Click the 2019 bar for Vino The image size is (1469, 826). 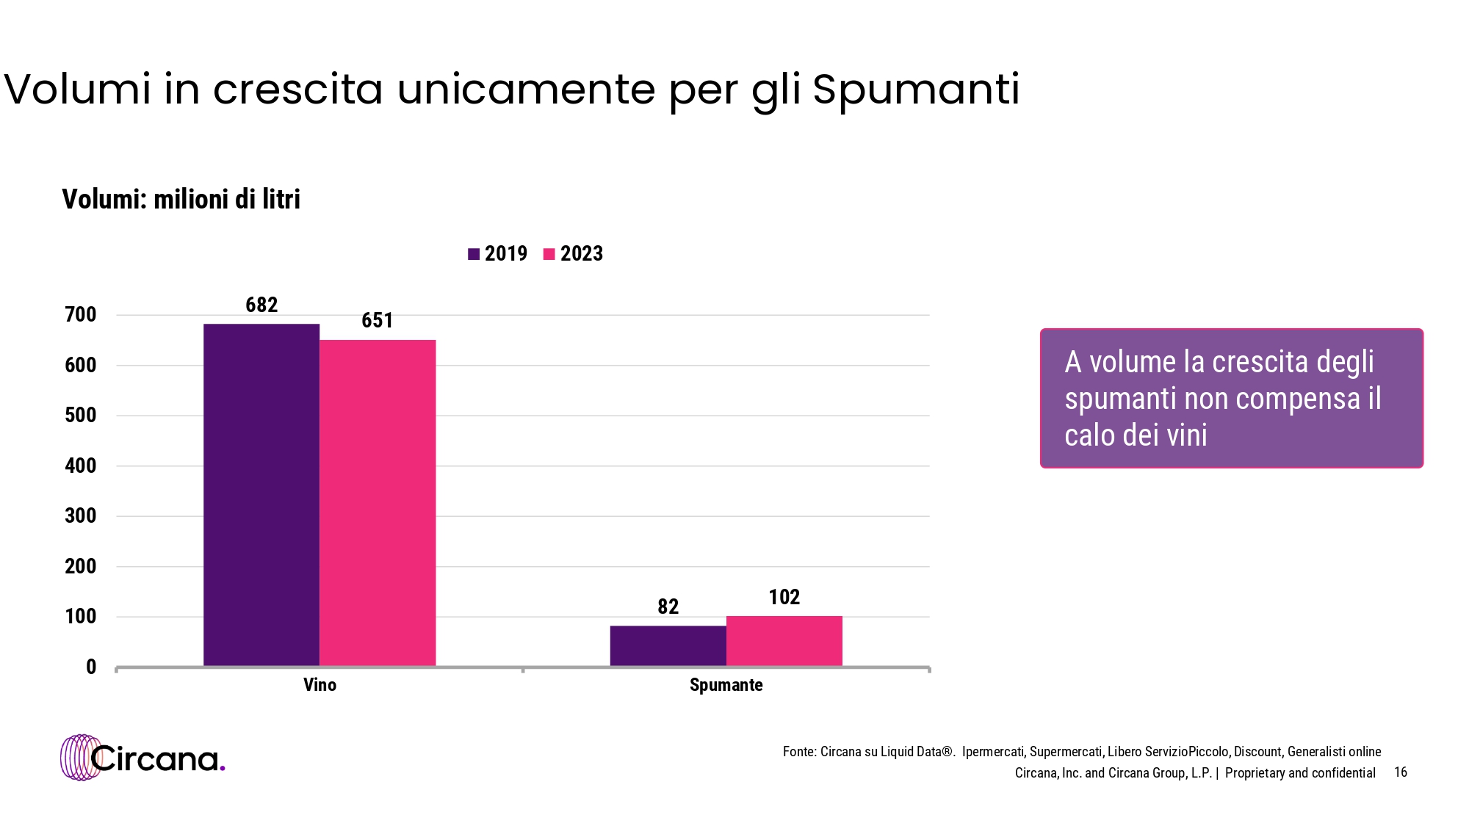pyautogui.click(x=261, y=495)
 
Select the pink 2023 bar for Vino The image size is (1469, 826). pyautogui.click(x=378, y=503)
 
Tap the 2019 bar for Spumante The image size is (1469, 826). pyautogui.click(x=668, y=646)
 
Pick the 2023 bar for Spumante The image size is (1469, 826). pyautogui.click(x=784, y=641)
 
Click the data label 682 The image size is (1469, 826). pyautogui.click(x=261, y=305)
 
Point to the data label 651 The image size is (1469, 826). pyautogui.click(x=378, y=320)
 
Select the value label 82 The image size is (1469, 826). pyautogui.click(x=668, y=606)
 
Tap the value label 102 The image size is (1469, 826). pyautogui.click(x=784, y=597)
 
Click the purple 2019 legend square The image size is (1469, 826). pyautogui.click(x=474, y=254)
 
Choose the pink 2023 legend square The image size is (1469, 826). pyautogui.click(x=549, y=254)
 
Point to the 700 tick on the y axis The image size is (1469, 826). pyautogui.click(x=81, y=315)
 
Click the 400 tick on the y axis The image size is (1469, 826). pyautogui.click(x=81, y=465)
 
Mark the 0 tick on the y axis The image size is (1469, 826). pyautogui.click(x=91, y=667)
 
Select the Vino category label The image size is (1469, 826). pyautogui.click(x=320, y=685)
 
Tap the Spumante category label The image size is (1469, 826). pyautogui.click(x=726, y=685)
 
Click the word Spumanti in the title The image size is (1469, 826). pyautogui.click(x=916, y=90)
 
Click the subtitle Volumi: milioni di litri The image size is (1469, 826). pyautogui.click(x=181, y=199)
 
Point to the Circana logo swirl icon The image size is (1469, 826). pyautogui.click(x=80, y=757)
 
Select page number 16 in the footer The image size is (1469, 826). pyautogui.click(x=1400, y=772)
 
